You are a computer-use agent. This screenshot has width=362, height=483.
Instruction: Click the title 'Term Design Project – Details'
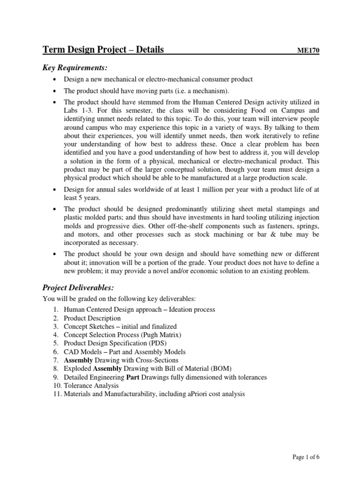tap(103, 50)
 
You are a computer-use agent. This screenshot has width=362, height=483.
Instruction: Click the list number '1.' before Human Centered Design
tap(55, 309)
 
